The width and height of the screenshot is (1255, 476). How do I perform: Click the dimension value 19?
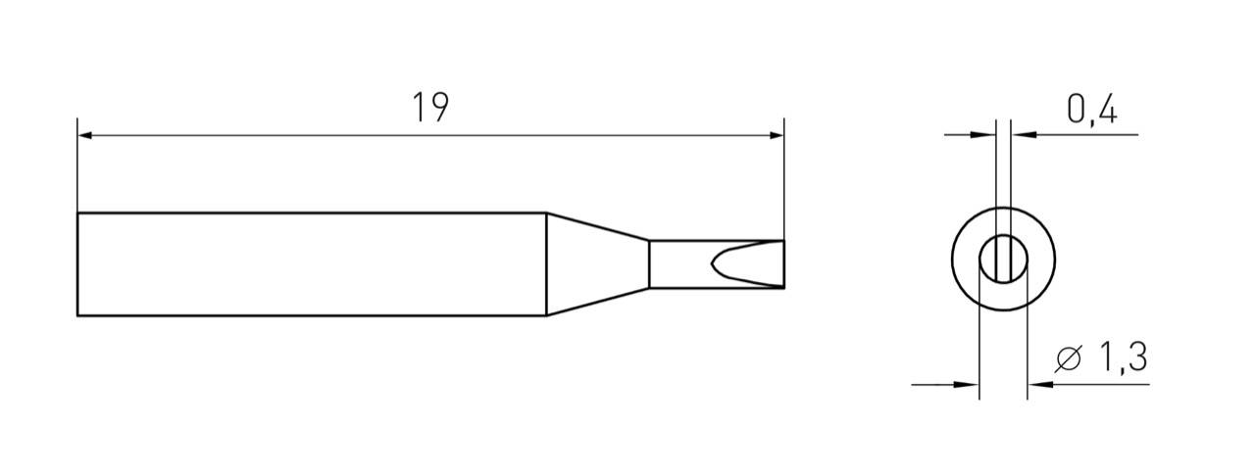[429, 108]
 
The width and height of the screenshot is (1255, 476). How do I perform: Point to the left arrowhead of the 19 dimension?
[84, 135]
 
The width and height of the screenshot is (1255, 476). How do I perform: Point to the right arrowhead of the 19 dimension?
[777, 135]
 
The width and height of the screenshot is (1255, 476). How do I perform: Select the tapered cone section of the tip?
[596, 264]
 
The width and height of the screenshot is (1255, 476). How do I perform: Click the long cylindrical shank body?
[311, 264]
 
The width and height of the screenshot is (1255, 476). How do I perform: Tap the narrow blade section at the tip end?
[686, 264]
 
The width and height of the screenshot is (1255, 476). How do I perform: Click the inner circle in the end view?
[1003, 260]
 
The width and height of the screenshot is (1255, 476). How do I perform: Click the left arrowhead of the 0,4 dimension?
[988, 135]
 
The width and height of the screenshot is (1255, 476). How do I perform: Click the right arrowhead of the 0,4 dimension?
[1017, 135]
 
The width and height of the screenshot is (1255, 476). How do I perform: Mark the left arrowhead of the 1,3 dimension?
[972, 384]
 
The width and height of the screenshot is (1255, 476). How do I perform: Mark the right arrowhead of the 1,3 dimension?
[1034, 384]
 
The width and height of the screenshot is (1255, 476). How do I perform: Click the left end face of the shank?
[77, 264]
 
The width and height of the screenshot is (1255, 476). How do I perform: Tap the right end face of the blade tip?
[784, 264]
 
